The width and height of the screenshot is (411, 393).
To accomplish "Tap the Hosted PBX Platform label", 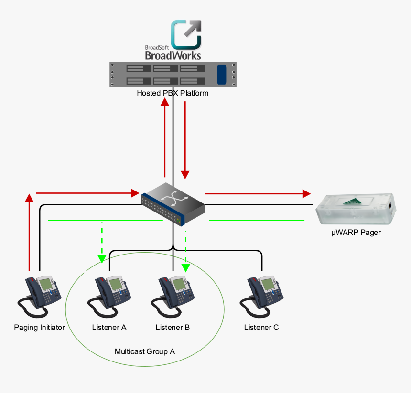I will tap(173, 93).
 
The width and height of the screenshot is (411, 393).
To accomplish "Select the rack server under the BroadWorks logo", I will tap(173, 74).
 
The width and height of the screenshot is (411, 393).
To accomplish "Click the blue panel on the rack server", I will tap(221, 74).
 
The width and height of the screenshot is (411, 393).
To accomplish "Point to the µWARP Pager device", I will tap(356, 209).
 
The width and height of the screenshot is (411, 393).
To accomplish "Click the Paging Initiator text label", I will tap(39, 328).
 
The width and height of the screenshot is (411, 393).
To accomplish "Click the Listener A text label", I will tap(109, 328).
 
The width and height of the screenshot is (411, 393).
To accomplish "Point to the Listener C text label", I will tap(261, 328).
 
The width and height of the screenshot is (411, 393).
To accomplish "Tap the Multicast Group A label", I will tap(145, 351).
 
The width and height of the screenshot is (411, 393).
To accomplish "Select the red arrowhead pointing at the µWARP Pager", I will tap(306, 193).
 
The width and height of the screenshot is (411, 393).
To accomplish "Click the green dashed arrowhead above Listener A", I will tap(101, 259).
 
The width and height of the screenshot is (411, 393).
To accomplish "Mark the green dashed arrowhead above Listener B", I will tap(185, 267).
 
